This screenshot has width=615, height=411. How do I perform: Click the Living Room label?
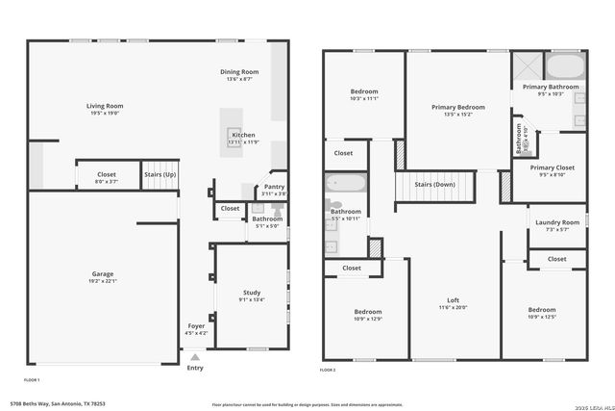pos(105,106)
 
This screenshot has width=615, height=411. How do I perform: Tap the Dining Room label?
pos(239,71)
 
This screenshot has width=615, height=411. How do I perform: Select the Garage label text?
pos(103,274)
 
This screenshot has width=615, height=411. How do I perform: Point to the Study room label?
pos(252,293)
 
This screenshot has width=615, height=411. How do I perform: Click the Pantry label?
pos(274,188)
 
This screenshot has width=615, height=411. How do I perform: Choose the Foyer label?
pos(196,326)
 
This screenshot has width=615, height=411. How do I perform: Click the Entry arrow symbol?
pos(196,356)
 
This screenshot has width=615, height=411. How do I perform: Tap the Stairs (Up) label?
pos(160,174)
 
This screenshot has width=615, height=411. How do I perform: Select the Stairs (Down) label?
pos(434,184)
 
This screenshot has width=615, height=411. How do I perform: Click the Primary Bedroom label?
pos(457,107)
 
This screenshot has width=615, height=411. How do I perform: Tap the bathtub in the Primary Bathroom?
pos(565,65)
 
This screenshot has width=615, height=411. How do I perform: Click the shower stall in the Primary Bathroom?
pos(528,65)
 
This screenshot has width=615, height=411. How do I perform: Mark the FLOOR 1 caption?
pos(32,367)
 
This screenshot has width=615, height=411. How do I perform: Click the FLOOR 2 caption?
pos(328,370)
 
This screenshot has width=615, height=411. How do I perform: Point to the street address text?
pos(58,404)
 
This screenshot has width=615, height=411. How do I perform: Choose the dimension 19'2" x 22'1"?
pos(103,281)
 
